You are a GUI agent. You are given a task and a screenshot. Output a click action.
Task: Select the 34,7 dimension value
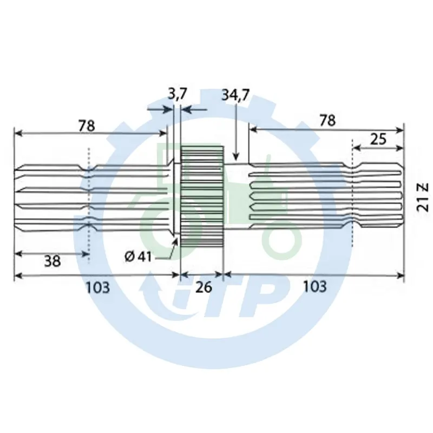[235, 95]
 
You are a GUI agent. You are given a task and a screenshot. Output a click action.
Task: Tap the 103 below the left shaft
[98, 287]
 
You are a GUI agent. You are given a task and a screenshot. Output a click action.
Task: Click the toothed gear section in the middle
[202, 198]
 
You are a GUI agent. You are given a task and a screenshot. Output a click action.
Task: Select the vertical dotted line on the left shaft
[87, 200]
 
